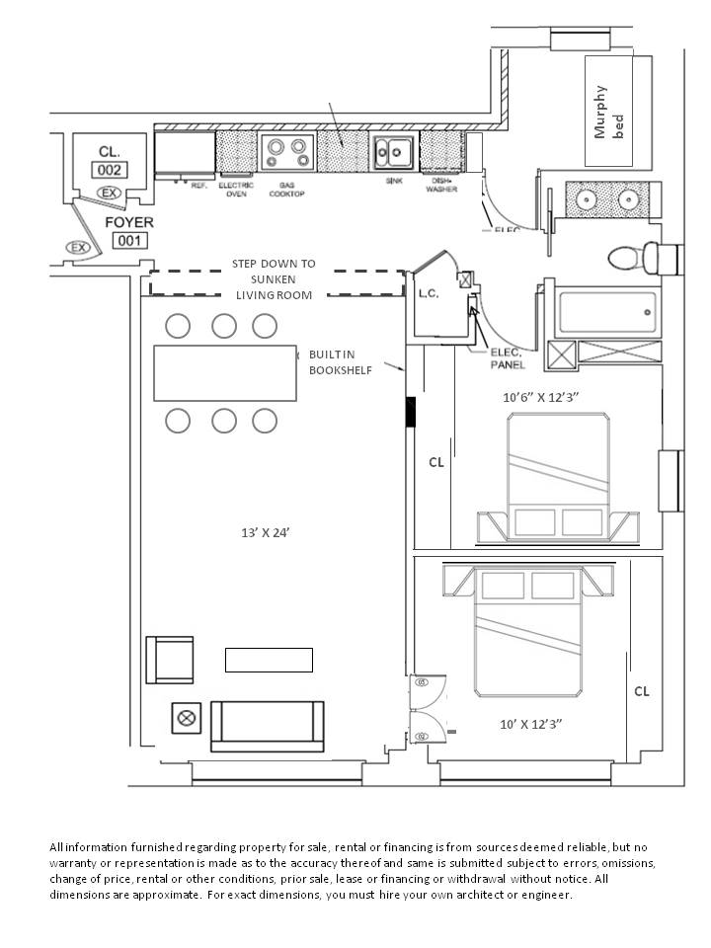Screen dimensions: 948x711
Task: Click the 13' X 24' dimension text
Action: tap(265, 532)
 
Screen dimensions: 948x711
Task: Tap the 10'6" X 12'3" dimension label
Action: tap(540, 398)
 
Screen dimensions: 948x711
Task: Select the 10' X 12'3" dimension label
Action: tap(532, 724)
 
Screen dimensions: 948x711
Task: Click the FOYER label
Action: tap(129, 222)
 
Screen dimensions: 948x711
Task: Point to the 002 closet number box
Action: tap(109, 170)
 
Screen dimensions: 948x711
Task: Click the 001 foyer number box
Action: tap(129, 241)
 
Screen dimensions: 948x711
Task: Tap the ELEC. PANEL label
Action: tap(509, 358)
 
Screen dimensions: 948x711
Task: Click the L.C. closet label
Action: tap(429, 293)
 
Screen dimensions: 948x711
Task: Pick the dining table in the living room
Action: tap(225, 373)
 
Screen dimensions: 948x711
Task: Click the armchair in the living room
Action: tap(169, 659)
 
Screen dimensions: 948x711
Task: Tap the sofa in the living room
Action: tap(268, 727)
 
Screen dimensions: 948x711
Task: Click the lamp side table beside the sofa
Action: tap(186, 718)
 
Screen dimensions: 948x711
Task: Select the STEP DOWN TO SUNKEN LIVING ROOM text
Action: tap(274, 279)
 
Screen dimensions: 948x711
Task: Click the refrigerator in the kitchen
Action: tap(185, 152)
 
